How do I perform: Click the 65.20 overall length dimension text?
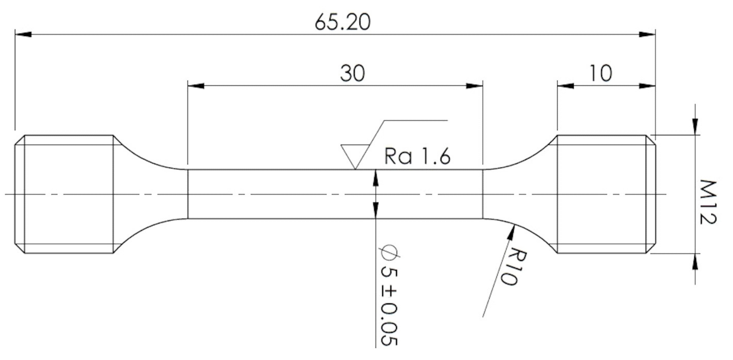click(343, 23)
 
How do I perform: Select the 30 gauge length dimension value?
click(352, 73)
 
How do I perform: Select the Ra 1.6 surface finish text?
click(417, 157)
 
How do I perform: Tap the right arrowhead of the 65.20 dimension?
click(647, 34)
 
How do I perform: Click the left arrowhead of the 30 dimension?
click(196, 86)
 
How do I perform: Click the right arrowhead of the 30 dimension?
click(475, 86)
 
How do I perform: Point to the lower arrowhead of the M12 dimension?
click(695, 262)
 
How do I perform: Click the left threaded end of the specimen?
click(68, 194)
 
